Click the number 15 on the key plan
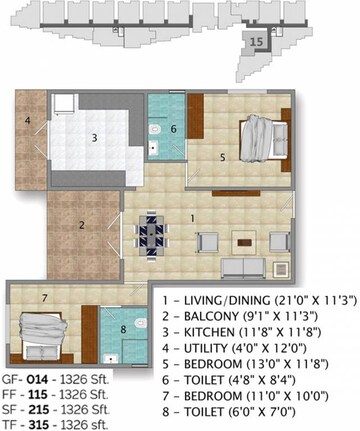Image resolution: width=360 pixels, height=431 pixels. [x=257, y=43]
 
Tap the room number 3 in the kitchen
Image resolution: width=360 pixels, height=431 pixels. [x=94, y=138]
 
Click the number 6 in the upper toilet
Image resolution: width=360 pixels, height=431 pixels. [x=173, y=128]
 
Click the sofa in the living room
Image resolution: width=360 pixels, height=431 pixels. [x=243, y=267]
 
